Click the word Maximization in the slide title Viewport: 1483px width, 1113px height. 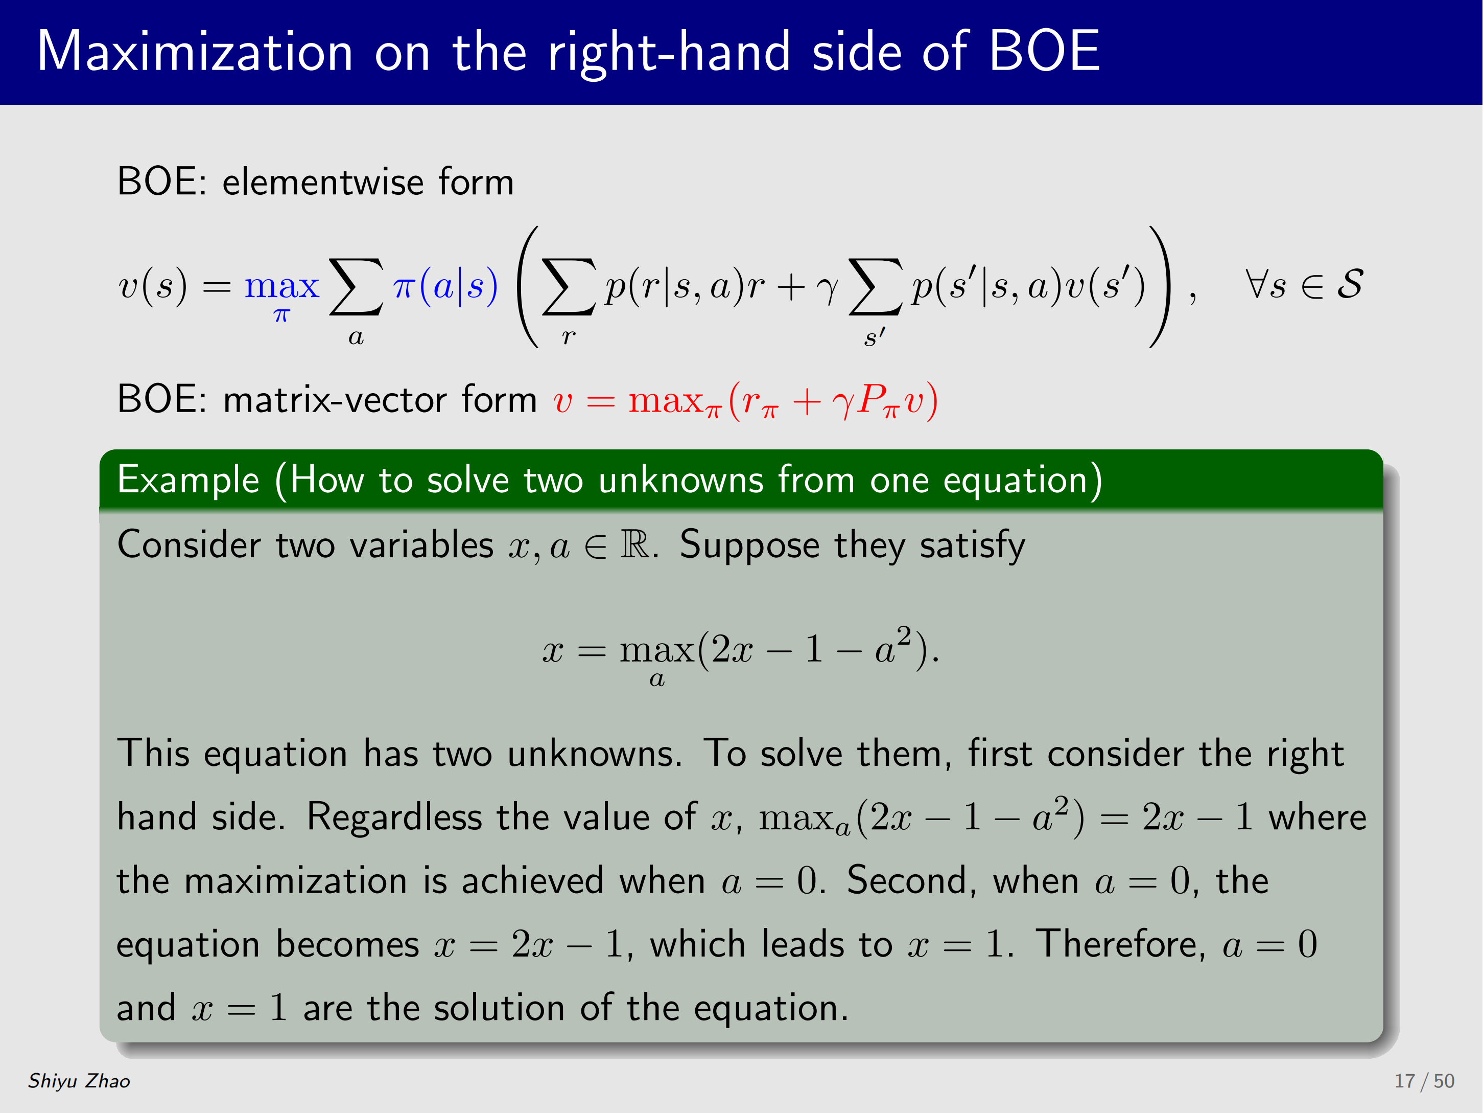pos(195,51)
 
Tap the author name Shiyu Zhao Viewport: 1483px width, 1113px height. pos(79,1081)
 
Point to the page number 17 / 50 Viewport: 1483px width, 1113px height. pos(1424,1081)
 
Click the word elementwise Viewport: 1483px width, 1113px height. pos(322,182)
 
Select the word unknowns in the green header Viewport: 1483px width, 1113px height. pos(680,481)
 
